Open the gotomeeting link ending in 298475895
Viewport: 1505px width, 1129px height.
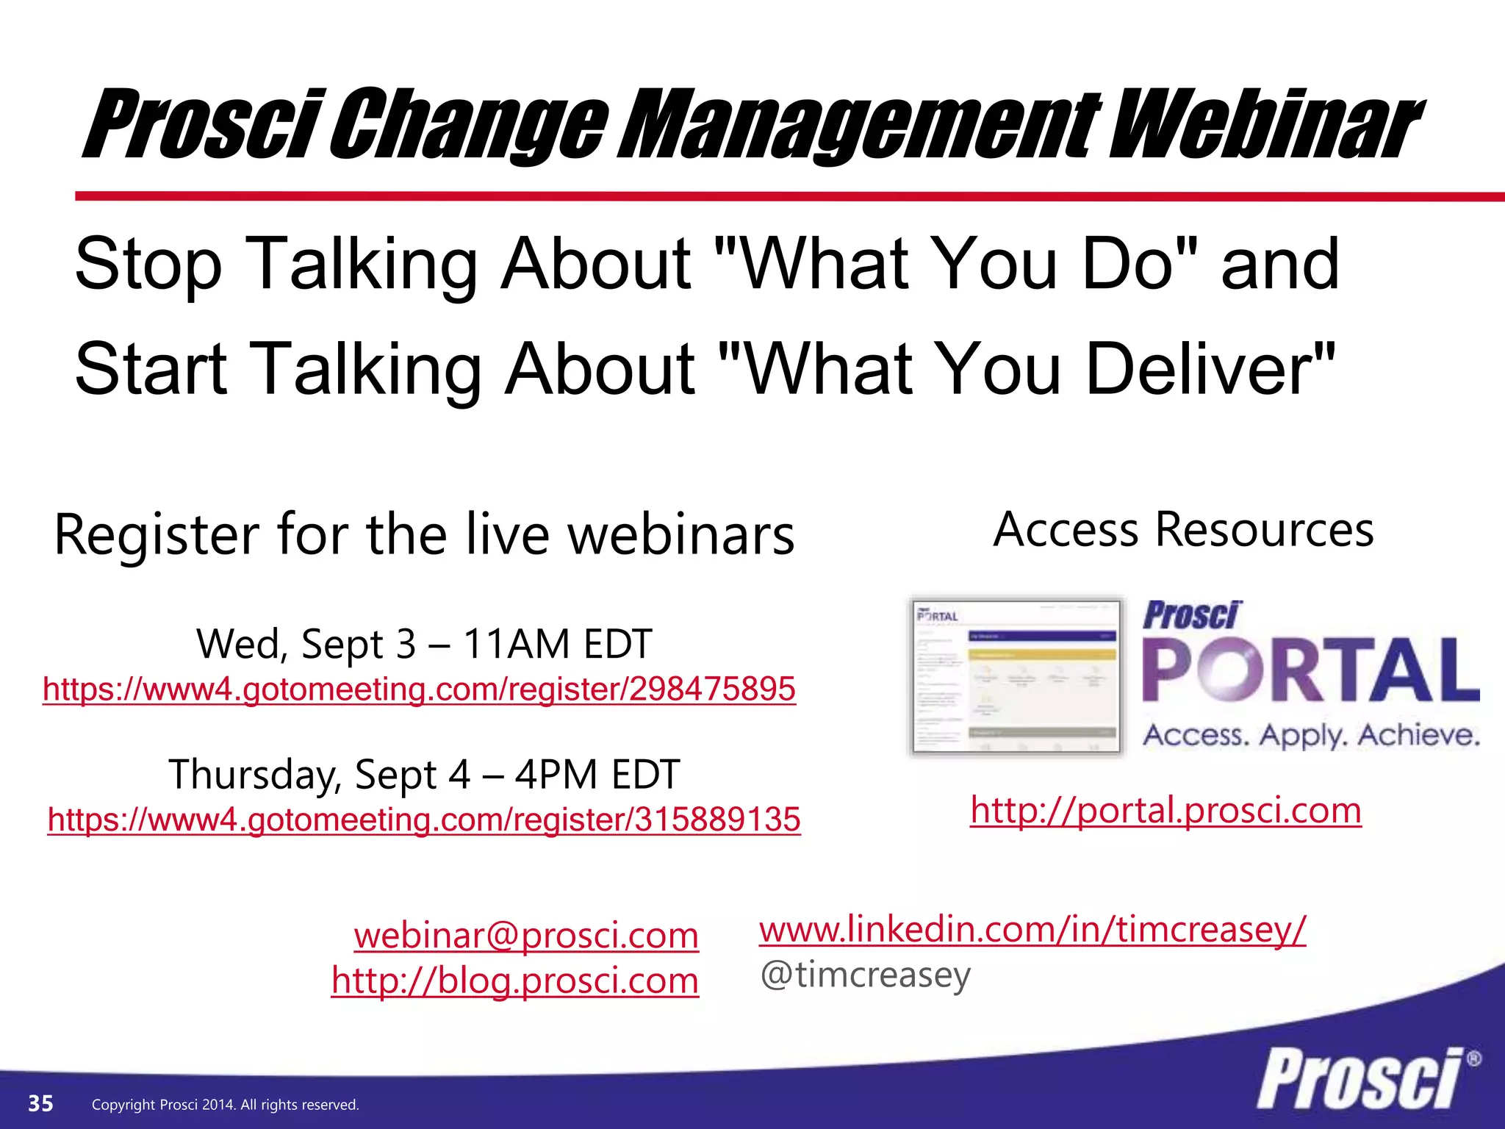coord(419,689)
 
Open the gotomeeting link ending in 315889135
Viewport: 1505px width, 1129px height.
coord(424,820)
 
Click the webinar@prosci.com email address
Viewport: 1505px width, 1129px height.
coord(526,936)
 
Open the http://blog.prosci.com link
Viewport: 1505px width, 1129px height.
coord(514,981)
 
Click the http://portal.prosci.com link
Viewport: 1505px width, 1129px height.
coord(1165,811)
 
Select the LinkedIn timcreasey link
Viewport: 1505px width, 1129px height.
coord(1032,930)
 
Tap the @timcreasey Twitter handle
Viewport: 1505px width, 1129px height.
coord(866,975)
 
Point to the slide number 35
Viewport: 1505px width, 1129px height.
coord(40,1103)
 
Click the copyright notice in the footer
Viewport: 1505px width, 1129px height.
coord(225,1105)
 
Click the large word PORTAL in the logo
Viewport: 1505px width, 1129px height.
coord(1310,670)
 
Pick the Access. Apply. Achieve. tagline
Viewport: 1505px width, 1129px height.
coord(1311,735)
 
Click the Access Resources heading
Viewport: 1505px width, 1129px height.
coord(1183,530)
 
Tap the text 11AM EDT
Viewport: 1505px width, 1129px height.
coord(557,645)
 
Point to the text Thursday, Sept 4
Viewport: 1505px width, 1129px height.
coord(319,775)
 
